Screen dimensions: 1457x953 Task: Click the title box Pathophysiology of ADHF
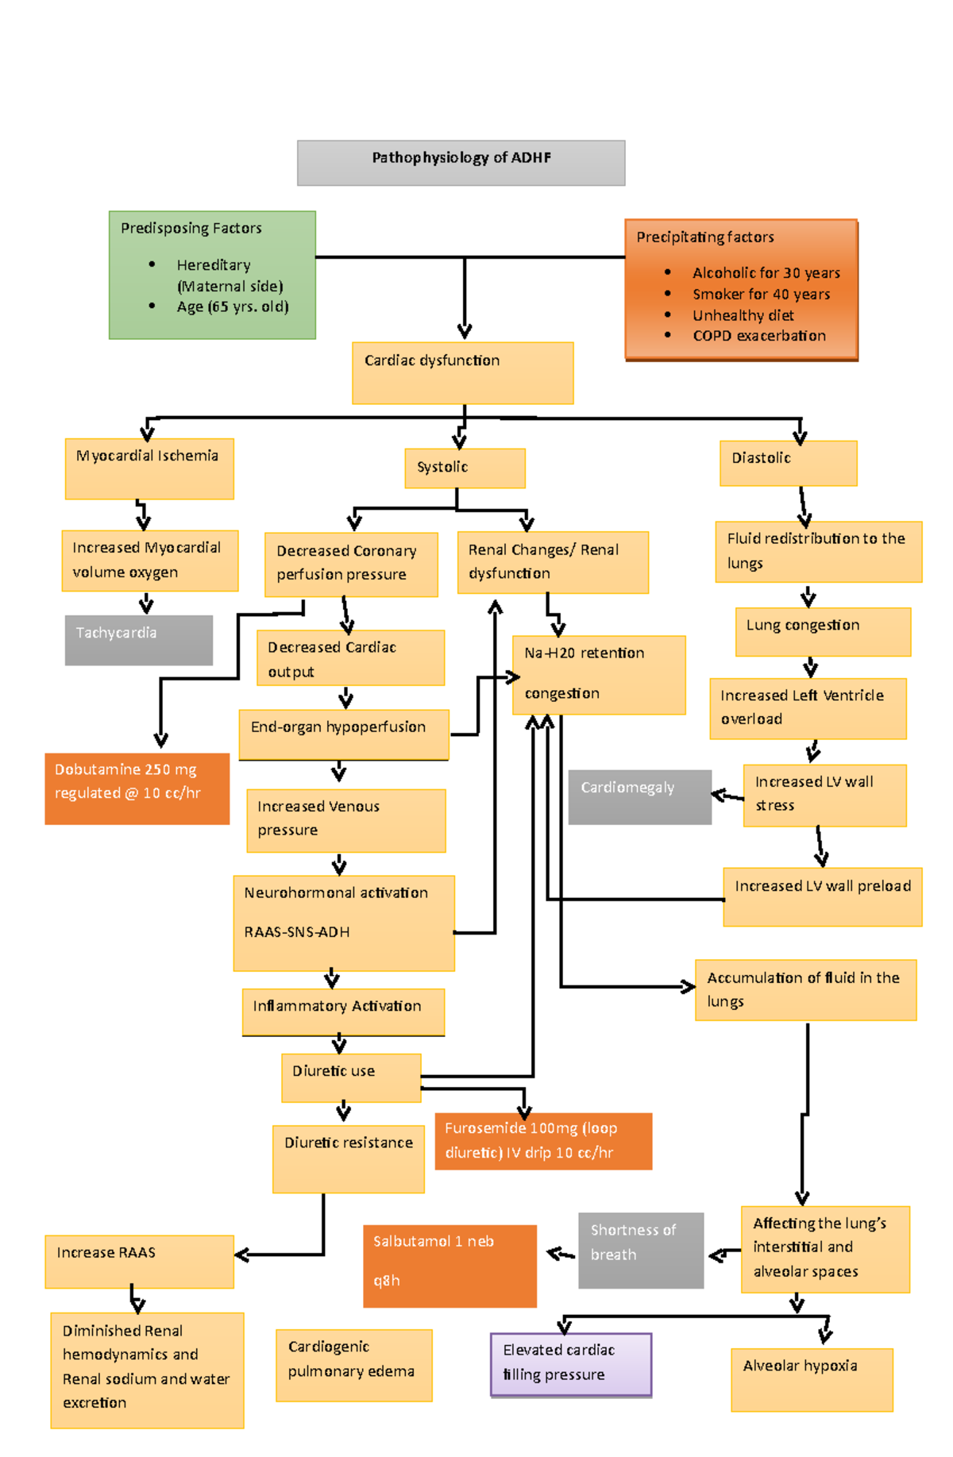pos(461,162)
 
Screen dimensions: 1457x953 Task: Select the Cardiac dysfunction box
pos(462,372)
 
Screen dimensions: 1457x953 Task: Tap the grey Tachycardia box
pos(138,639)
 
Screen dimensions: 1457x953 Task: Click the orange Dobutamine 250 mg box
pos(137,788)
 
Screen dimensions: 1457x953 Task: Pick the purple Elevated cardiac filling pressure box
pos(571,1363)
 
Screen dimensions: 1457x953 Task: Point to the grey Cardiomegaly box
pos(639,796)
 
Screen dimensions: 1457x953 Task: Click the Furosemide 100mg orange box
pos(543,1140)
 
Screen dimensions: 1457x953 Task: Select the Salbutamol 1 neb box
pos(449,1265)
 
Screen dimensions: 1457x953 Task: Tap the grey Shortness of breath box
pos(640,1249)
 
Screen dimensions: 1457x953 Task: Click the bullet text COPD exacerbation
pos(758,335)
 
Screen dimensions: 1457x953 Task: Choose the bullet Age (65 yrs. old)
pos(232,306)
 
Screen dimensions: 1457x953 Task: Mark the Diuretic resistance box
pos(348,1158)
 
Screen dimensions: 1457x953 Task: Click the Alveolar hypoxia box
pos(811,1378)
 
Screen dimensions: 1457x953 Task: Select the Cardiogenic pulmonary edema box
pos(353,1364)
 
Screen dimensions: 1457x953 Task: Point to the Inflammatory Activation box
pos(343,1011)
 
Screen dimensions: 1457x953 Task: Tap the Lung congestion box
pos(822,631)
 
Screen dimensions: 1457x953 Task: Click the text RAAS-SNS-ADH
pos(296,931)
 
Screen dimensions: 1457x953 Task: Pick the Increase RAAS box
pos(139,1260)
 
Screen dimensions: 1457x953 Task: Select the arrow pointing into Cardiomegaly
pos(727,794)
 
